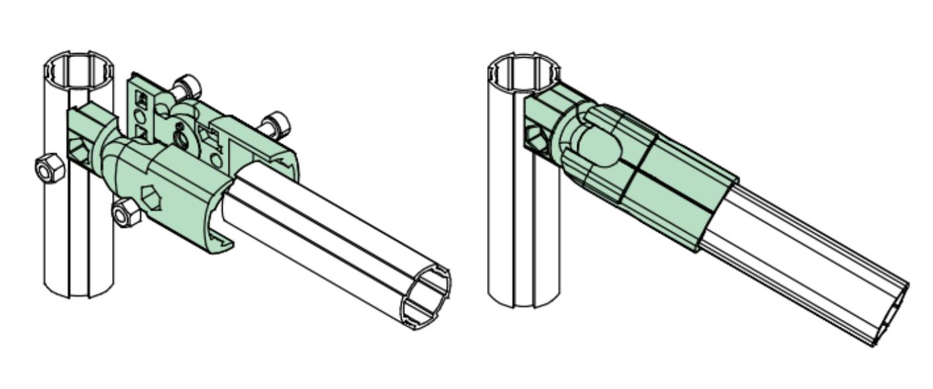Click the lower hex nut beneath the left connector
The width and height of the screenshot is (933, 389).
tap(125, 212)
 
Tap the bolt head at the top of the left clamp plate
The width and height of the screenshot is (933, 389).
tap(186, 87)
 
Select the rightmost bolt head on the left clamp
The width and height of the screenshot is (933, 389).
tap(274, 123)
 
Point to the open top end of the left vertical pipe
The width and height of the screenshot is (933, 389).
tap(79, 66)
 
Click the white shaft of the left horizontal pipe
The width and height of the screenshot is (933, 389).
tap(331, 239)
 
